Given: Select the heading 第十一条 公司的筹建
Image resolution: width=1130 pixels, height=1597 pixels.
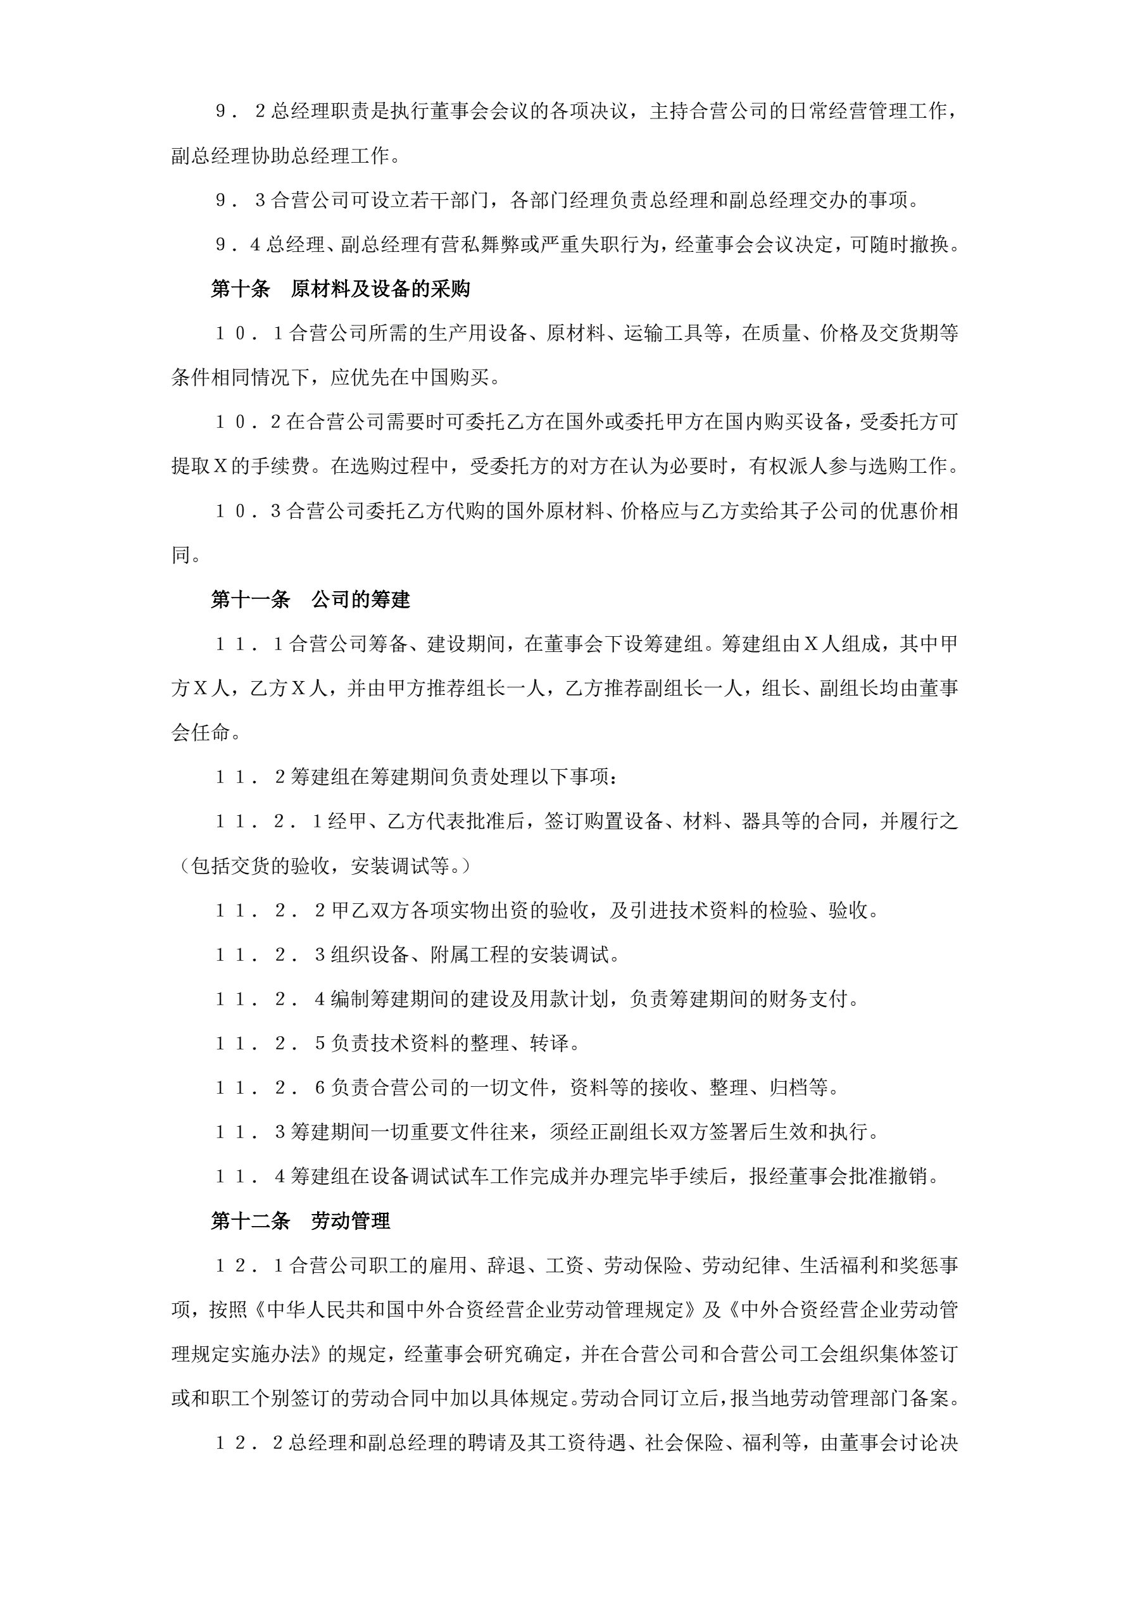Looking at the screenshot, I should (x=310, y=599).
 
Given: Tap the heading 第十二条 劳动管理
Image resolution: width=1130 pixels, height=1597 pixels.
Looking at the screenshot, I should (x=301, y=1221).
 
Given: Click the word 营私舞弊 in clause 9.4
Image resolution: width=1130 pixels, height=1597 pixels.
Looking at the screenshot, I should (x=480, y=245).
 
